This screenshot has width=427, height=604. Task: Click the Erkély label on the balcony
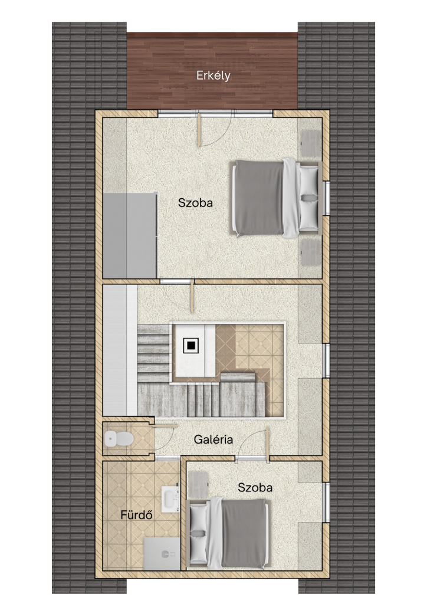pyautogui.click(x=213, y=75)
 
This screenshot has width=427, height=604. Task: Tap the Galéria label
pyautogui.click(x=213, y=439)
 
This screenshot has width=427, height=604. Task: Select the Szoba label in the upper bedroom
pyautogui.click(x=195, y=203)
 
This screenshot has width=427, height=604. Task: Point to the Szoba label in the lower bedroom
pyautogui.click(x=255, y=487)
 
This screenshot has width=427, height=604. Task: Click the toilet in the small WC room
pyautogui.click(x=118, y=439)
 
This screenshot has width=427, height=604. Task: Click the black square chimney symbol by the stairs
pyautogui.click(x=191, y=345)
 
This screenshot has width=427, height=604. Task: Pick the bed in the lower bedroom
pyautogui.click(x=227, y=533)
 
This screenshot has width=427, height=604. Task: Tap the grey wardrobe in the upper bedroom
pyautogui.click(x=130, y=235)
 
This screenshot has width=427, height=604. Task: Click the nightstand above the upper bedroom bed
pyautogui.click(x=310, y=143)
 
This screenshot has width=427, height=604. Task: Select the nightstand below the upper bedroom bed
pyautogui.click(x=310, y=252)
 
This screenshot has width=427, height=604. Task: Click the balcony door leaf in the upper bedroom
pyautogui.click(x=199, y=129)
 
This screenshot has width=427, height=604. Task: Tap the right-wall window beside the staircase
pyautogui.click(x=326, y=360)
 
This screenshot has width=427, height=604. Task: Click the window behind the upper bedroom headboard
pyautogui.click(x=326, y=198)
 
